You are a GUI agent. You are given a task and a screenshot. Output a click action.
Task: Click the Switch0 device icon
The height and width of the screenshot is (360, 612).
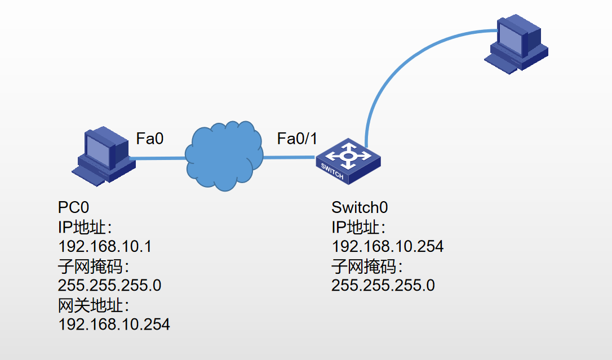(348, 160)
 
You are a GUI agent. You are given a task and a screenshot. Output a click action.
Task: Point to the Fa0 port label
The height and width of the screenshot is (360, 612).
(150, 138)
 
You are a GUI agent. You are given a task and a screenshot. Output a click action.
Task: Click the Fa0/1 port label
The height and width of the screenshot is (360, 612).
(298, 138)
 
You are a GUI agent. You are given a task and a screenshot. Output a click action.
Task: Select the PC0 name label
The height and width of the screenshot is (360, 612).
(74, 207)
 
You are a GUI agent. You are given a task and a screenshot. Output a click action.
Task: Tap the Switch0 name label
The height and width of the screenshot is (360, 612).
(360, 207)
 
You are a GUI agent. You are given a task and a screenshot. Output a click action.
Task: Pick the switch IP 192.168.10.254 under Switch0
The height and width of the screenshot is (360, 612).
(388, 246)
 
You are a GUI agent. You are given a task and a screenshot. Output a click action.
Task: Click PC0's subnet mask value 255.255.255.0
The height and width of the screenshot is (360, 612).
(110, 286)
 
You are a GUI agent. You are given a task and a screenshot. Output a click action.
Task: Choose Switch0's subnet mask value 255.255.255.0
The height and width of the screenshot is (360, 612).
(383, 286)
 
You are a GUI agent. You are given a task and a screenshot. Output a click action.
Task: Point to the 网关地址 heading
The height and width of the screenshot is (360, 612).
(94, 305)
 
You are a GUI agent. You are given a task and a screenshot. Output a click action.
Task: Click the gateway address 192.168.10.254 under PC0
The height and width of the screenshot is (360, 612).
(114, 325)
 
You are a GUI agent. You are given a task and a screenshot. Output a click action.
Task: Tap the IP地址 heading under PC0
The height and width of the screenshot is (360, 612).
(85, 227)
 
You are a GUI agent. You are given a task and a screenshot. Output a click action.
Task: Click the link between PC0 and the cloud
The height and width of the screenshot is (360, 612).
(158, 158)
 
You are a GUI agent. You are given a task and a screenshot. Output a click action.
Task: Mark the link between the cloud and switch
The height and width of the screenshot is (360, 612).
(289, 157)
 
